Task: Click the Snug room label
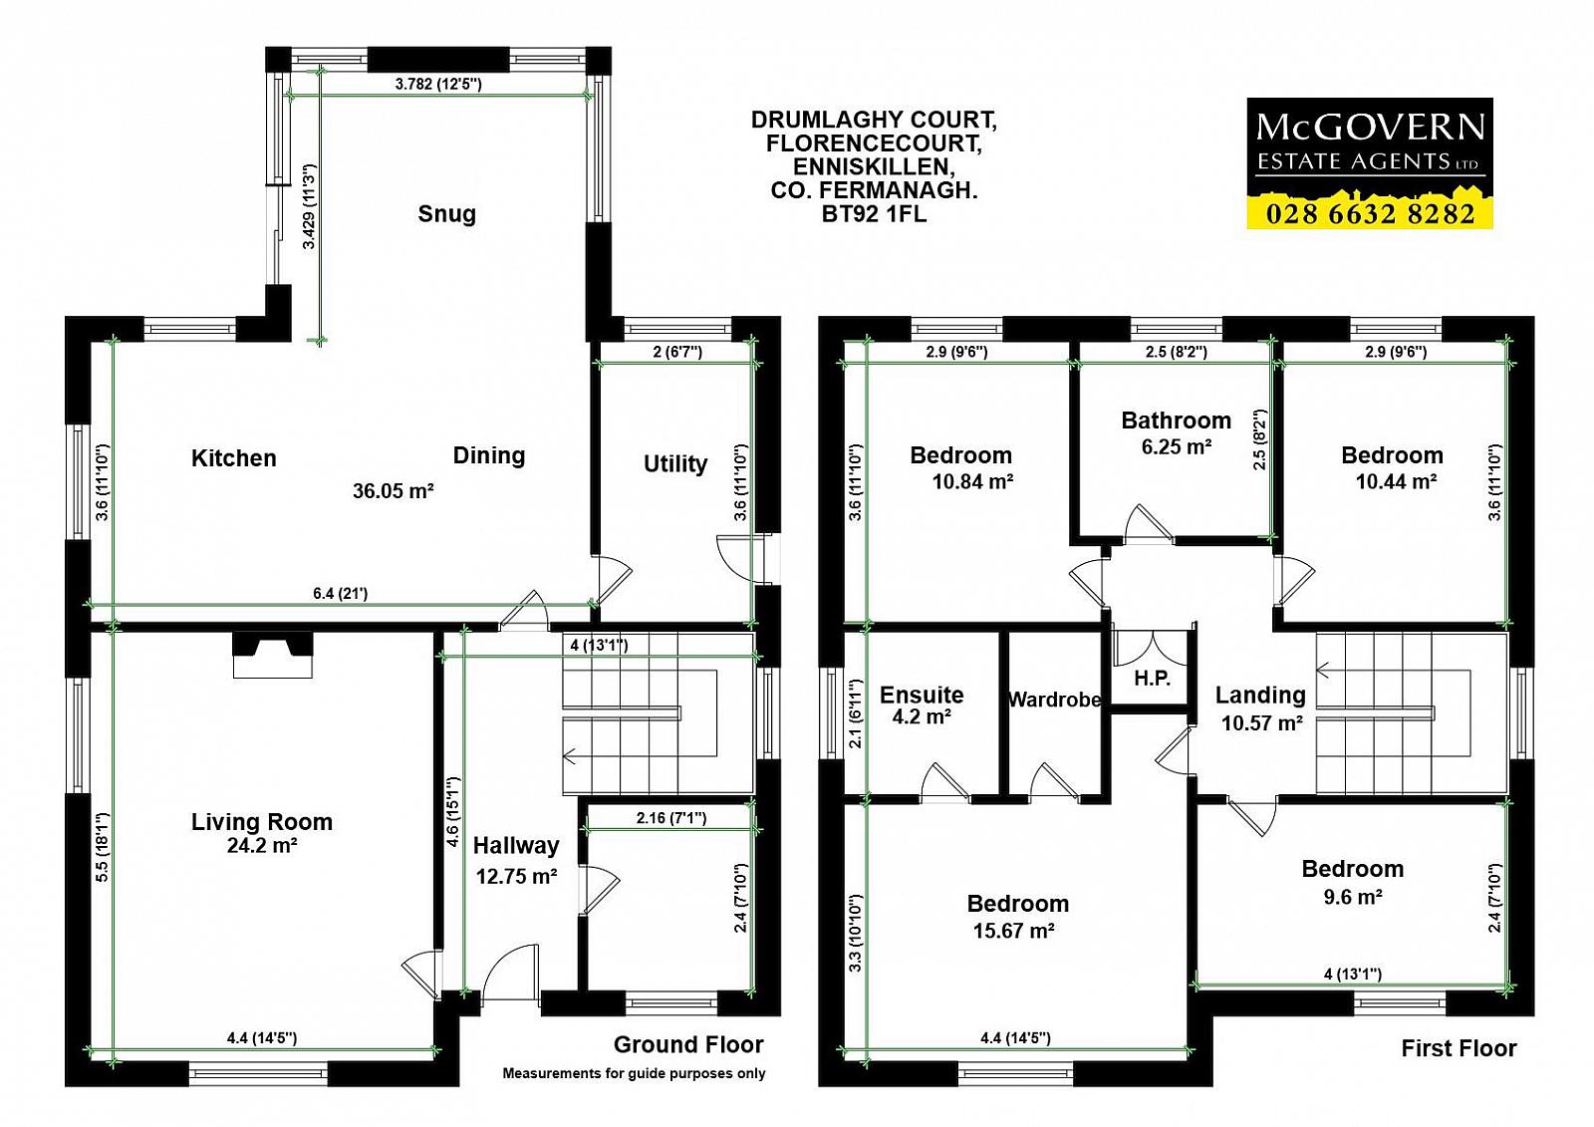[447, 213]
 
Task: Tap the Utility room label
[675, 463]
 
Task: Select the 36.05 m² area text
[394, 490]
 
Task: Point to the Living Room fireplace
[273, 656]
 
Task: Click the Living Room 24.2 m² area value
[262, 845]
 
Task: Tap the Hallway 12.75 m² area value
[516, 876]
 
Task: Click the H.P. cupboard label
[1152, 679]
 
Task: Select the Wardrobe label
[1055, 700]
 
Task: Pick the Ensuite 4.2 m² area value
[922, 716]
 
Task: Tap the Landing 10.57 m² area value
[1262, 723]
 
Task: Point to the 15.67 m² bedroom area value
[1013, 931]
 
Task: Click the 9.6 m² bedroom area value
[1353, 897]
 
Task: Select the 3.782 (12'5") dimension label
[438, 84]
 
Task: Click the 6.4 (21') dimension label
[340, 593]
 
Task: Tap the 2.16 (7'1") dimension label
[671, 818]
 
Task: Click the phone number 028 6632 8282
[1370, 213]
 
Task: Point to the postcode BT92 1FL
[874, 213]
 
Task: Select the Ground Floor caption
[688, 1044]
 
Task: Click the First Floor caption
[1459, 1048]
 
